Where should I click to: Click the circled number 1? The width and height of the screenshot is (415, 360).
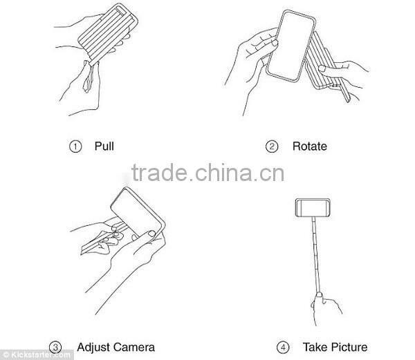pyautogui.click(x=76, y=146)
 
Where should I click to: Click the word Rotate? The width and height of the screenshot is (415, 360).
pyautogui.click(x=309, y=146)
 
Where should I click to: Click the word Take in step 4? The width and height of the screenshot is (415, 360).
pyautogui.click(x=315, y=346)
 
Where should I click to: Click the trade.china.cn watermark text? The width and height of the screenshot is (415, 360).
pyautogui.click(x=207, y=172)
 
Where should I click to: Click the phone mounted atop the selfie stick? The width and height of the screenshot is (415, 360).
pyautogui.click(x=313, y=207)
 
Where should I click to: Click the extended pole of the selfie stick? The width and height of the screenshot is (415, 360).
pyautogui.click(x=317, y=256)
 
